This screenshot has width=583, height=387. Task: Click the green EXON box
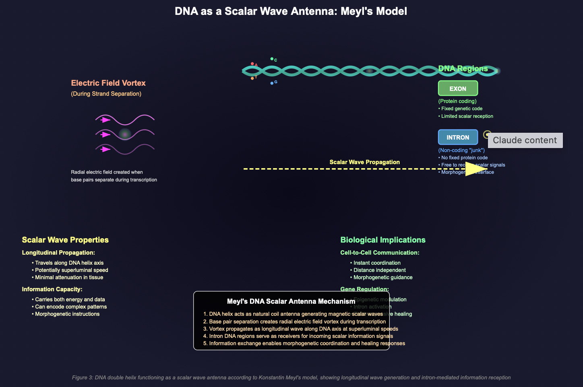(458, 89)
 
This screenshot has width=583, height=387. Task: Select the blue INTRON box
(458, 137)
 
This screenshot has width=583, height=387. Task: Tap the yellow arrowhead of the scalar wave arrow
(475, 169)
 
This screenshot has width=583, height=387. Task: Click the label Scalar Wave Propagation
(364, 162)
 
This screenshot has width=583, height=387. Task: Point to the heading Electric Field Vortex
(108, 83)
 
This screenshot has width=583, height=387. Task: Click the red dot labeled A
(252, 64)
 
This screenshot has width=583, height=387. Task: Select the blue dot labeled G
(272, 83)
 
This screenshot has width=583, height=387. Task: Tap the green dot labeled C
(272, 59)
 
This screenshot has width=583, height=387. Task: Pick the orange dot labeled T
(252, 78)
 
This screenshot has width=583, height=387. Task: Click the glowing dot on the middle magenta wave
(125, 134)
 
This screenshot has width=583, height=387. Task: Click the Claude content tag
(525, 140)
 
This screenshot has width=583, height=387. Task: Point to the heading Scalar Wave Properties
(65, 240)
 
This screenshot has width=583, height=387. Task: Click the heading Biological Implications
(383, 240)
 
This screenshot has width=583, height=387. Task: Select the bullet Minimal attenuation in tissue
(69, 277)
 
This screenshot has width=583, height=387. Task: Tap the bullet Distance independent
(379, 270)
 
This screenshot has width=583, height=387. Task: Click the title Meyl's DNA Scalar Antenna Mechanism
(291, 301)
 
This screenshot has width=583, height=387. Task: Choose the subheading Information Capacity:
(52, 289)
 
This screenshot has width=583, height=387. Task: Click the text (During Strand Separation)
(106, 94)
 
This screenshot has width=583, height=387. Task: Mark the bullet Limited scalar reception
(467, 116)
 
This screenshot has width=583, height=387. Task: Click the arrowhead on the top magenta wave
(106, 120)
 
